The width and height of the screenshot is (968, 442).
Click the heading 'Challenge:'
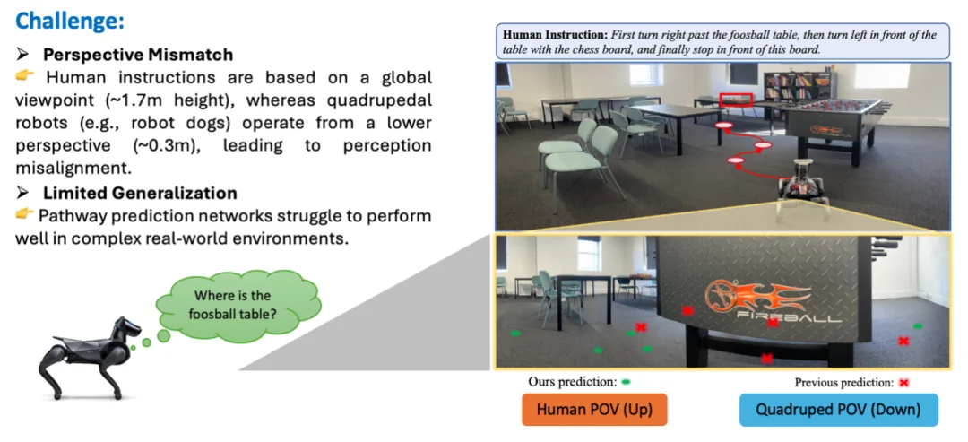click(x=70, y=21)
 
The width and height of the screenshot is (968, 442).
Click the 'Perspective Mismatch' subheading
click(x=138, y=55)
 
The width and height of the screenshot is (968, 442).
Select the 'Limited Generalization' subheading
click(x=140, y=193)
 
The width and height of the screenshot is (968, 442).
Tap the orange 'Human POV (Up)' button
click(x=594, y=410)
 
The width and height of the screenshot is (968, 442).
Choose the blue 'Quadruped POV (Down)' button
click(x=838, y=410)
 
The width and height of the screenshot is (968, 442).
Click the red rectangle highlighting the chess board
click(x=736, y=100)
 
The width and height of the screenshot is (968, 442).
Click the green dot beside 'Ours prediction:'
click(x=626, y=382)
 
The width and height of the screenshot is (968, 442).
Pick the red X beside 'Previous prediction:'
click(x=904, y=383)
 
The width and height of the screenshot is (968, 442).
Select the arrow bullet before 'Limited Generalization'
click(x=22, y=194)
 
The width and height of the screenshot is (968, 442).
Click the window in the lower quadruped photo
click(x=588, y=254)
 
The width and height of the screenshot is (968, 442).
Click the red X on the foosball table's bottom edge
click(x=766, y=358)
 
